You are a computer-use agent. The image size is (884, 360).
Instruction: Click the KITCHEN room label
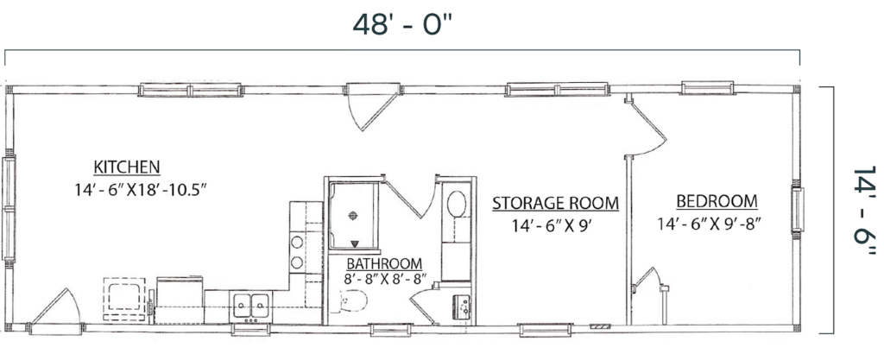127,167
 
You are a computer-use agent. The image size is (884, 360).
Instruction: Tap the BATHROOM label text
384,263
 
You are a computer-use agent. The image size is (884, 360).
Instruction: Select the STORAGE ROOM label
555,204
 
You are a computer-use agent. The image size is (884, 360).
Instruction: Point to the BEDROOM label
717,202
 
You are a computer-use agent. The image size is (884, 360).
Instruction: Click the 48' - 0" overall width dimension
403,23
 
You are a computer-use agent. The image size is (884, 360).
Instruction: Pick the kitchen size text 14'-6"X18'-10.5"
142,187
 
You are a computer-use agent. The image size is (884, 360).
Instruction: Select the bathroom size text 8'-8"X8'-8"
385,279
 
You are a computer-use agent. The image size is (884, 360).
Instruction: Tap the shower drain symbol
353,217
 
